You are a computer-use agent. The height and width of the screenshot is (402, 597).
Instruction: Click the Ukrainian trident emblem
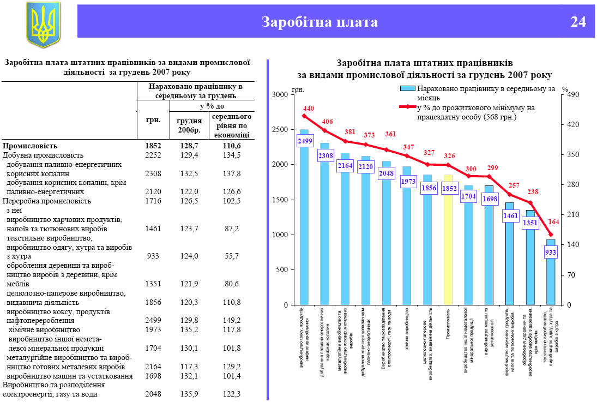coord(44,23)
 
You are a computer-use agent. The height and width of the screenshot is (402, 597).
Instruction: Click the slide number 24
coord(578,22)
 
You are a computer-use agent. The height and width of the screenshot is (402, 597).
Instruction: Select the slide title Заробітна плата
coord(319,22)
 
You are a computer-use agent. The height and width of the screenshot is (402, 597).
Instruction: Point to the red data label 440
coord(305,109)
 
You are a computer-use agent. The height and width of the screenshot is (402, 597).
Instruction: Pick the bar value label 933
coord(551,252)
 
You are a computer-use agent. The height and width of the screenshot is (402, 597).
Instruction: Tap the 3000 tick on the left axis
coord(279,95)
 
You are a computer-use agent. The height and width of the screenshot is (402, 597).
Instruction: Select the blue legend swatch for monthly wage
coord(407,89)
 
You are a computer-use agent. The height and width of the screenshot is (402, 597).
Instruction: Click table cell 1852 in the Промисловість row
coord(153,146)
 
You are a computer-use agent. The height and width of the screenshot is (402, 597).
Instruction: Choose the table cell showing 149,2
coord(232,320)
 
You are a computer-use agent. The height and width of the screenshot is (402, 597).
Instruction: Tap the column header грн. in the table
coord(153,119)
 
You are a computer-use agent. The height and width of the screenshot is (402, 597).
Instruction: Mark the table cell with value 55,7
coord(232,255)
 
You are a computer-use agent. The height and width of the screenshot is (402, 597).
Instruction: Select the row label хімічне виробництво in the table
coord(43,329)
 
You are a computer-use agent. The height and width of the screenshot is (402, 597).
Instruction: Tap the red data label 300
coord(471,169)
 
